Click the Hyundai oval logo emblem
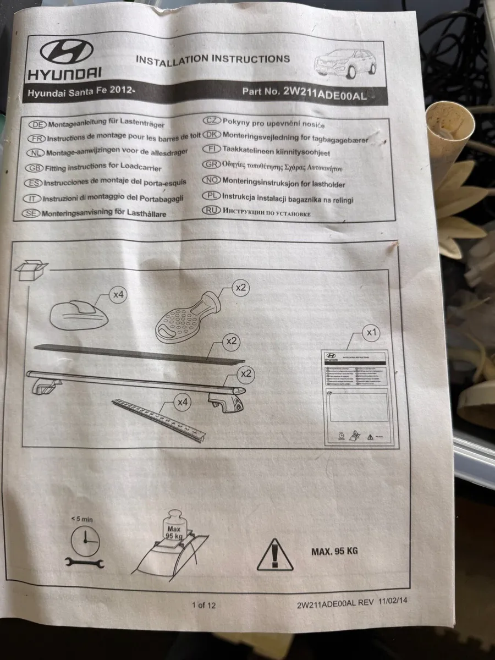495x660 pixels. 67,52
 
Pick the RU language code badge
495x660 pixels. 211,210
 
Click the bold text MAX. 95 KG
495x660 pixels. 334,551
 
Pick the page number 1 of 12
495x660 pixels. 204,606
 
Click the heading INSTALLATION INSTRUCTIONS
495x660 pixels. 212,59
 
